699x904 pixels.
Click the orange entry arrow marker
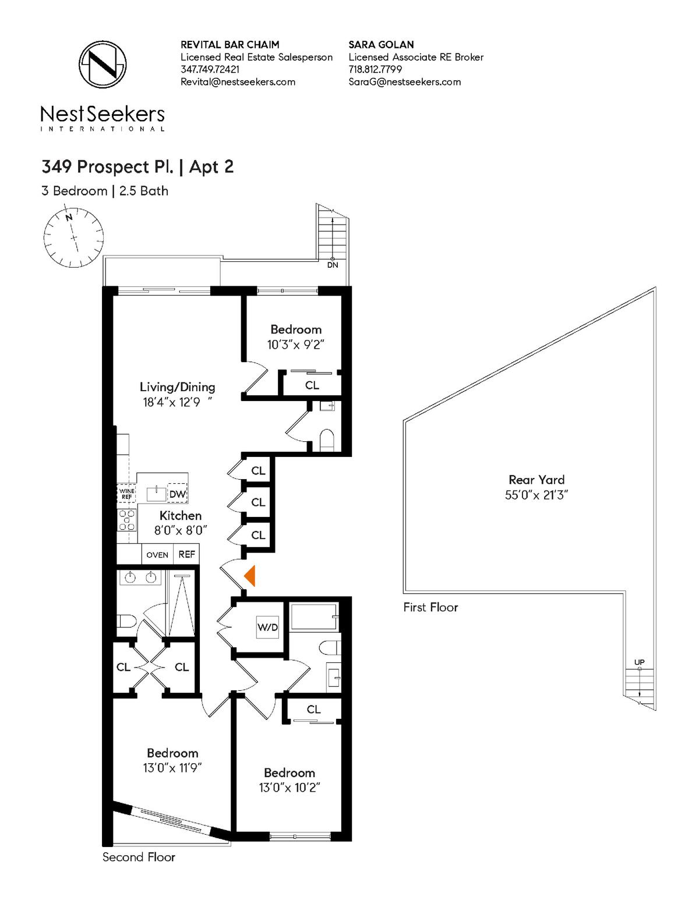point(250,576)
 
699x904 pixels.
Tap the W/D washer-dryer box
point(267,627)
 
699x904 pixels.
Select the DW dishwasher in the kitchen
point(177,494)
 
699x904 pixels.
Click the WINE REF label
point(126,494)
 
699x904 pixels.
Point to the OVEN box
point(157,555)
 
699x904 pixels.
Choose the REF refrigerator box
point(186,555)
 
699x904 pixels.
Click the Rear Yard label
point(536,480)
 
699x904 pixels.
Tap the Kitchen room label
point(181,516)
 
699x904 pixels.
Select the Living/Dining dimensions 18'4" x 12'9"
point(178,402)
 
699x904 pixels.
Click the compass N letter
point(69,217)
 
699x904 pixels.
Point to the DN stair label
point(333,265)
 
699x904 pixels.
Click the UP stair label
point(640,662)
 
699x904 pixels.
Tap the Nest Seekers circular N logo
point(103,65)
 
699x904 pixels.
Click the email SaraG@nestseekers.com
point(405,82)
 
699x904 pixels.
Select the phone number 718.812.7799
point(376,69)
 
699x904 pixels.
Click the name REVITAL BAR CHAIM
point(230,44)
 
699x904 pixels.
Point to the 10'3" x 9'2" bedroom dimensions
point(295,345)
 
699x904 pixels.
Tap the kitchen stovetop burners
point(128,520)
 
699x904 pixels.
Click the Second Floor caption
point(139,857)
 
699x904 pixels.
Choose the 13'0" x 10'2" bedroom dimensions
point(290,788)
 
